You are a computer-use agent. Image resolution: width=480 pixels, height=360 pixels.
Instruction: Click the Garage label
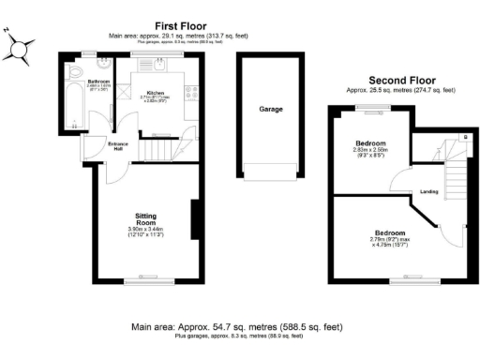(270, 109)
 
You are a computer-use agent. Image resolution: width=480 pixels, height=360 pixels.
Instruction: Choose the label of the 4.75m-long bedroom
(390, 232)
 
